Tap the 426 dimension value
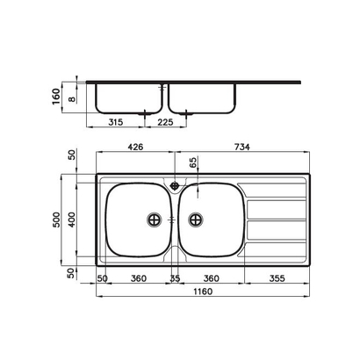[x=134, y=148]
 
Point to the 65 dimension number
[x=193, y=162]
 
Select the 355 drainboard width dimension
[x=277, y=279]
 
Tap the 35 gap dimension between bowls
[x=176, y=279]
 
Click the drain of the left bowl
[x=155, y=219]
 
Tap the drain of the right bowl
[x=196, y=219]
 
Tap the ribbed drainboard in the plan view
[x=276, y=220]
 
